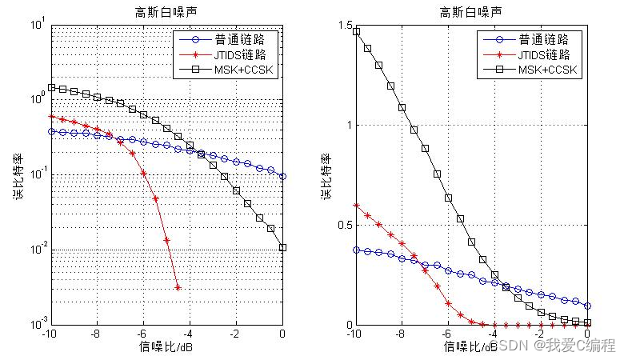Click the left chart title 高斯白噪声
(x=166, y=12)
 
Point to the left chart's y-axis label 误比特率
(x=18, y=175)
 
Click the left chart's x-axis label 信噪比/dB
(x=166, y=346)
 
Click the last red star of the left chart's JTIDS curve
(x=178, y=288)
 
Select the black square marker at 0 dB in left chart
(x=283, y=248)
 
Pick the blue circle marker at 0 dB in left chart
(x=283, y=176)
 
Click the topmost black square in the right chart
(x=356, y=32)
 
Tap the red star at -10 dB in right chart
(x=356, y=206)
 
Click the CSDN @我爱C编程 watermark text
(x=552, y=346)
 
